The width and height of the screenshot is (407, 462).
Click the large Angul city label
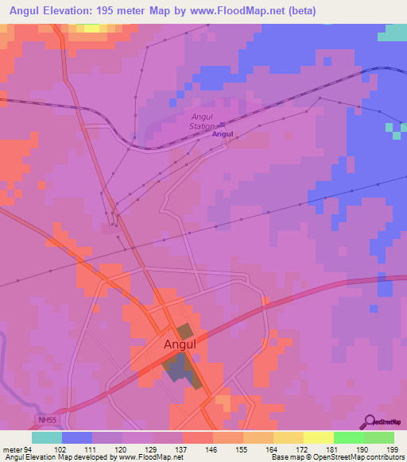180,345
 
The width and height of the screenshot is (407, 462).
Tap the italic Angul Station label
202,121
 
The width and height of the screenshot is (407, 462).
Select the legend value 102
61,449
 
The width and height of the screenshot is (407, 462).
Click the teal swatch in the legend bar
47,437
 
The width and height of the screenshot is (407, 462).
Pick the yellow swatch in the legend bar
318,437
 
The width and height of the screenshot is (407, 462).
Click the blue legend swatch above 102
77,437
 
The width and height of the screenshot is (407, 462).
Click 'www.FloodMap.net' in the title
245,11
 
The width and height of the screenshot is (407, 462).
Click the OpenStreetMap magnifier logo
370,421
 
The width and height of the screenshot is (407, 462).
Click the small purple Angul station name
222,135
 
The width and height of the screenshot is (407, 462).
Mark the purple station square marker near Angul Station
222,125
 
